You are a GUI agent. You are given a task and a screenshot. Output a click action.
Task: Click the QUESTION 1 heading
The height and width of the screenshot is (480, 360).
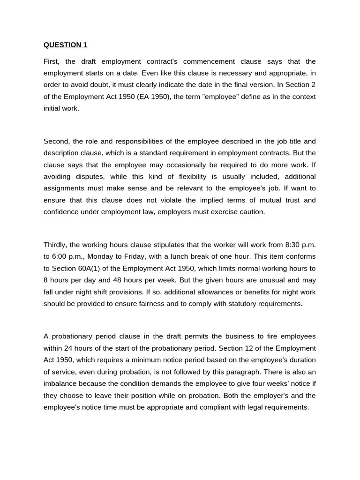pos(65,45)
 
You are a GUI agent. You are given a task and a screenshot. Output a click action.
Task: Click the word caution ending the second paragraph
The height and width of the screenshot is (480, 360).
pos(252,212)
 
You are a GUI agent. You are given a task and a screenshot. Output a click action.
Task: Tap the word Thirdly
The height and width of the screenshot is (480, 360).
pos(56,245)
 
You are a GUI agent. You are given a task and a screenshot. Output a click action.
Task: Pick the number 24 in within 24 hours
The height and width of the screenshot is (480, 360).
pos(69,348)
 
